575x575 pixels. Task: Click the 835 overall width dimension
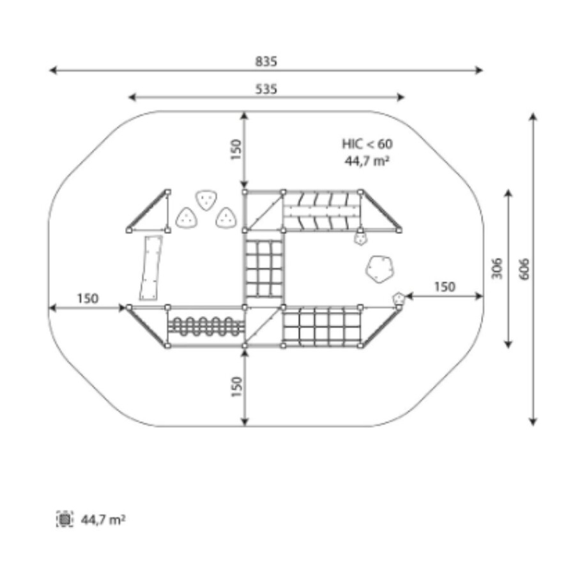coord(266,61)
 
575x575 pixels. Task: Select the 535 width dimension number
coord(266,89)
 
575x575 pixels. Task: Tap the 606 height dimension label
coord(525,269)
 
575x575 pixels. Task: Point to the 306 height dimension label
coord(496,268)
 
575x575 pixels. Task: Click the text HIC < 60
coord(367,144)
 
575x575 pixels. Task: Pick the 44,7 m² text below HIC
coord(367,160)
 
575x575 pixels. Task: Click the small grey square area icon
coord(65,519)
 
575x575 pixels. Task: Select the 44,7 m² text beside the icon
coord(103,519)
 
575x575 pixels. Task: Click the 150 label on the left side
coord(88,298)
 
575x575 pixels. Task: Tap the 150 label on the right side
coord(445,286)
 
